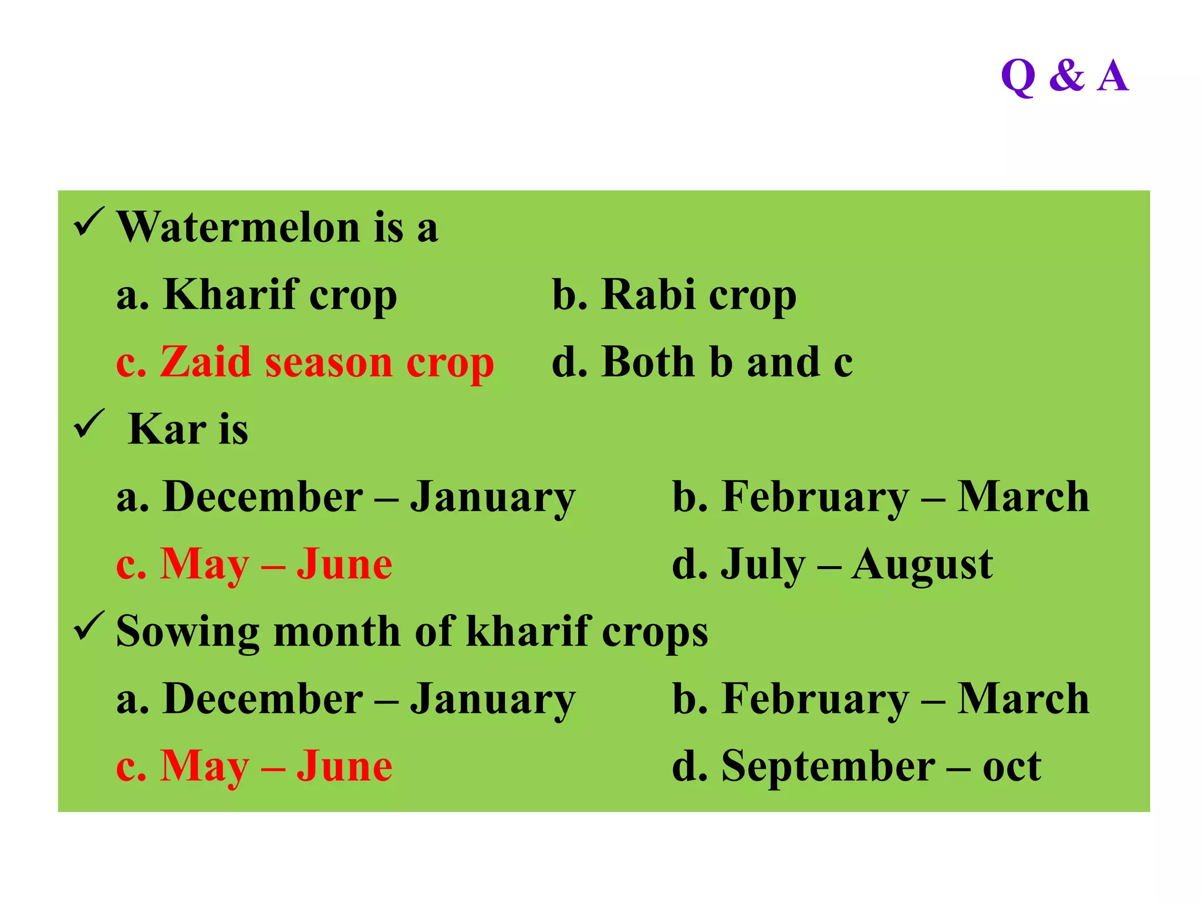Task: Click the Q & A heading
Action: [x=1064, y=76]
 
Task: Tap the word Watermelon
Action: [x=238, y=227]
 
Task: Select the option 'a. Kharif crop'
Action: [x=256, y=295]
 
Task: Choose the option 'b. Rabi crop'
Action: [x=674, y=295]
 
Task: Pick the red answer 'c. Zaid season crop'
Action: [x=305, y=362]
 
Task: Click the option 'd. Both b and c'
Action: [x=702, y=362]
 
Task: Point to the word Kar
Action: [x=167, y=429]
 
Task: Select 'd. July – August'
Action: [x=832, y=564]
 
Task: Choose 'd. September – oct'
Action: [x=856, y=766]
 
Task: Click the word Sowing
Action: [x=187, y=632]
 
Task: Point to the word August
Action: [x=922, y=566]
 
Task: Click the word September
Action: [x=828, y=767]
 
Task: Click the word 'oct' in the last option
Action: [x=1012, y=767]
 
